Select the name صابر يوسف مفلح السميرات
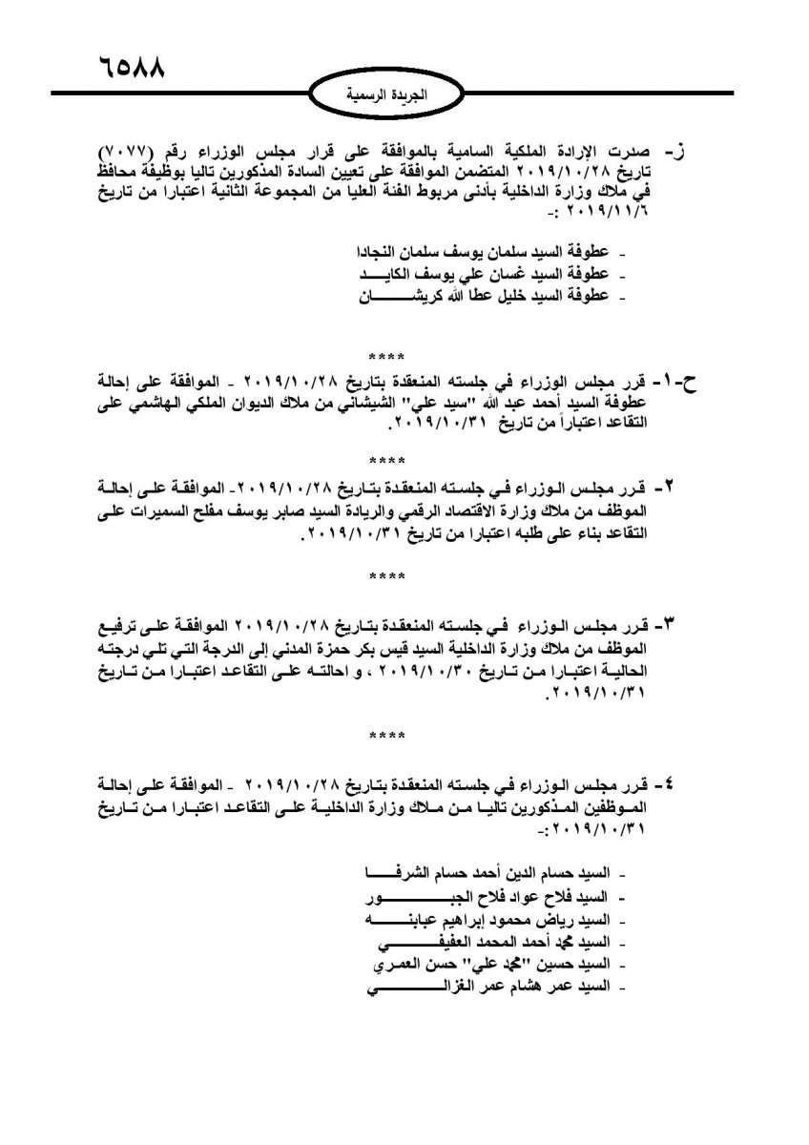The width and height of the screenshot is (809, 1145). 259,506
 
